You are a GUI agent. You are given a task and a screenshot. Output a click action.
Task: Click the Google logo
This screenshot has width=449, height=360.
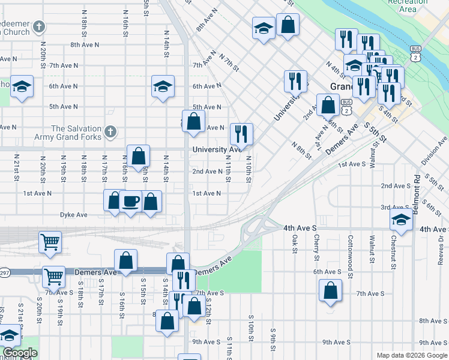click(x=20, y=353)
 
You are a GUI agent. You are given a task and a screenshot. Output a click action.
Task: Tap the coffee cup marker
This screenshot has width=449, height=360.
click(x=130, y=201)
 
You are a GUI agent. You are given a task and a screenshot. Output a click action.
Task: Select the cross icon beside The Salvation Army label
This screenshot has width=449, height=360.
click(x=109, y=130)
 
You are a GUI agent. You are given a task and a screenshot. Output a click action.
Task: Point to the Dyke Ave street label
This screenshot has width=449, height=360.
click(x=73, y=214)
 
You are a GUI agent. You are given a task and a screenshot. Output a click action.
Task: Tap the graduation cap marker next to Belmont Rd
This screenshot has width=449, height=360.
click(x=401, y=221)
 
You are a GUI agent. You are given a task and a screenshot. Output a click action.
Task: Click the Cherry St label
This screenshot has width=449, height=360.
click(x=316, y=248)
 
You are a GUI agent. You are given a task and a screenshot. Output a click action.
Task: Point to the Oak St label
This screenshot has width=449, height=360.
click(x=295, y=244)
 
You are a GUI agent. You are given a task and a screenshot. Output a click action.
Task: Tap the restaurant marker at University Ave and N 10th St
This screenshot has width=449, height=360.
click(x=241, y=134)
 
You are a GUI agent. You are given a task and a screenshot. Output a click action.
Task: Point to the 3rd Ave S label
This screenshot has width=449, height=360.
click(x=395, y=207)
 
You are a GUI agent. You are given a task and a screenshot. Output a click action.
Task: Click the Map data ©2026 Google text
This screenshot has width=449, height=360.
click(x=411, y=355)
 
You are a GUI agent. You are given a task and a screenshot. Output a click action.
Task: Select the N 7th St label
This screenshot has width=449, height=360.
click(x=229, y=62)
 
